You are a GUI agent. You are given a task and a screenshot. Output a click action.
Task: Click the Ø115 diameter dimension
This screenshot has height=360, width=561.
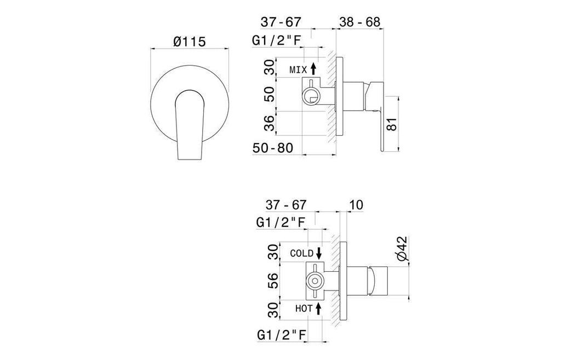tap(189, 42)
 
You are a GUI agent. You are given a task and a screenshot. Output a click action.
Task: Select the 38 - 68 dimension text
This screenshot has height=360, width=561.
tap(359, 22)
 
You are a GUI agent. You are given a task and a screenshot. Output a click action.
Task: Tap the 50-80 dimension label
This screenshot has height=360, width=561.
tap(273, 148)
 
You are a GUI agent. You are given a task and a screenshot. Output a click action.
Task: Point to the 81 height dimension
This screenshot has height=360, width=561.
tap(392, 124)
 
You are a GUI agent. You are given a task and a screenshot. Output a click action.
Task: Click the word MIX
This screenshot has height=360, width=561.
tap(299, 70)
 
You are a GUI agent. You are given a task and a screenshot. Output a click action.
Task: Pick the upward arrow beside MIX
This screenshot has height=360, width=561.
tap(313, 68)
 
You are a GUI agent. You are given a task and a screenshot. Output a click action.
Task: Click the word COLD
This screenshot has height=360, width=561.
tap(302, 253)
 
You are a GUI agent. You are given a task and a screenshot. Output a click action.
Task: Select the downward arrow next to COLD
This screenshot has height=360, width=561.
tap(319, 253)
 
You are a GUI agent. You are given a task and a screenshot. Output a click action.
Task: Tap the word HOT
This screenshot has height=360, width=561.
tap(304, 308)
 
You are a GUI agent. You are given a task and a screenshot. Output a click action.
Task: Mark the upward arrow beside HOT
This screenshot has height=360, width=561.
tap(318, 308)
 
